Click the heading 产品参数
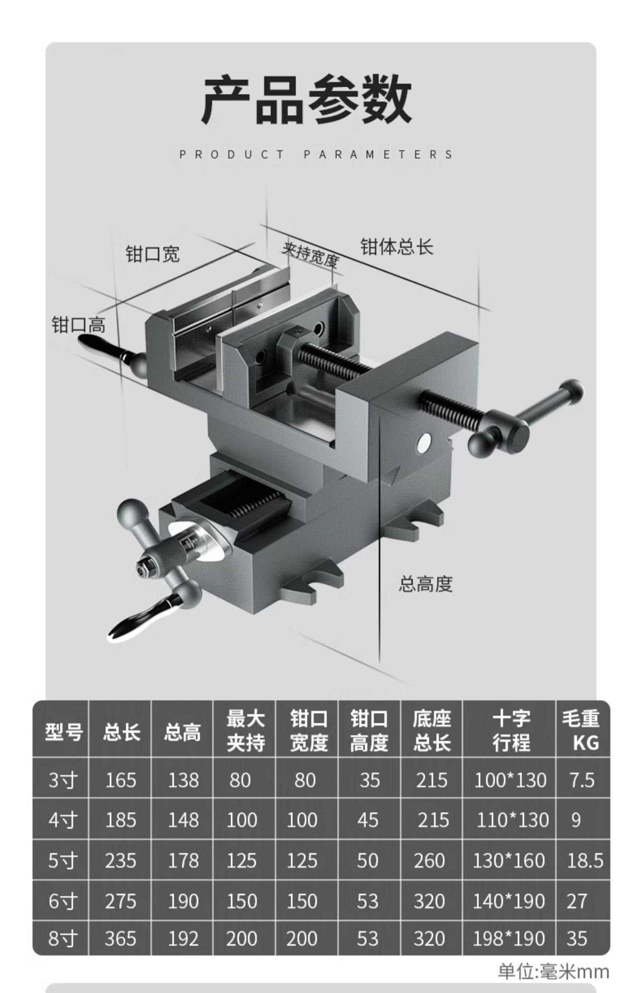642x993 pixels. tap(306, 99)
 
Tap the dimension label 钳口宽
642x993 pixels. tap(152, 254)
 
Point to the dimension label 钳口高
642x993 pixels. tap(78, 325)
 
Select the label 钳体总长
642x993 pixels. tap(396, 247)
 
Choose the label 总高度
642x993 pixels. tap(425, 583)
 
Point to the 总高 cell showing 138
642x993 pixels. tap(183, 780)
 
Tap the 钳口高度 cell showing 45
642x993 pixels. tap(368, 820)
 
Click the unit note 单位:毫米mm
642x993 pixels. tap(553, 972)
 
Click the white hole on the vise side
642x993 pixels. tap(424, 443)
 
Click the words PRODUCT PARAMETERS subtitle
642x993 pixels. tap(316, 154)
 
